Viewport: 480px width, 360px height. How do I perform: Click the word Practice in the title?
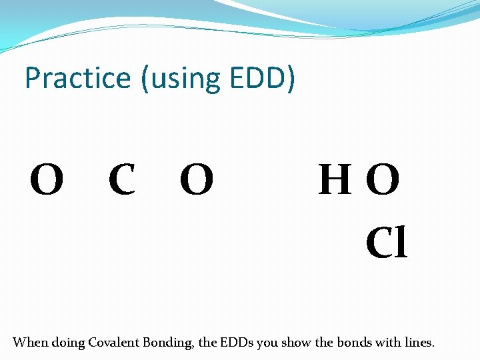77,79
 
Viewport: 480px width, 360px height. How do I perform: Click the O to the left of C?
47,181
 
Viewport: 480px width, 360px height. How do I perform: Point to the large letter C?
122,181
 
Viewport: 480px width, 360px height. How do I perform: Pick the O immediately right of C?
197,181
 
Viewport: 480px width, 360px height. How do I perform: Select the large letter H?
335,181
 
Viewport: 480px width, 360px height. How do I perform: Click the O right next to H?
383,181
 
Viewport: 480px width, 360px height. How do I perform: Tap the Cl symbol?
386,243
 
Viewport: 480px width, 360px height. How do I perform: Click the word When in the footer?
30,343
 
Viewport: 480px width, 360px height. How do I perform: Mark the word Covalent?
117,343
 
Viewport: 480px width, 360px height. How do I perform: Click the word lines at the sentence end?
420,343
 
